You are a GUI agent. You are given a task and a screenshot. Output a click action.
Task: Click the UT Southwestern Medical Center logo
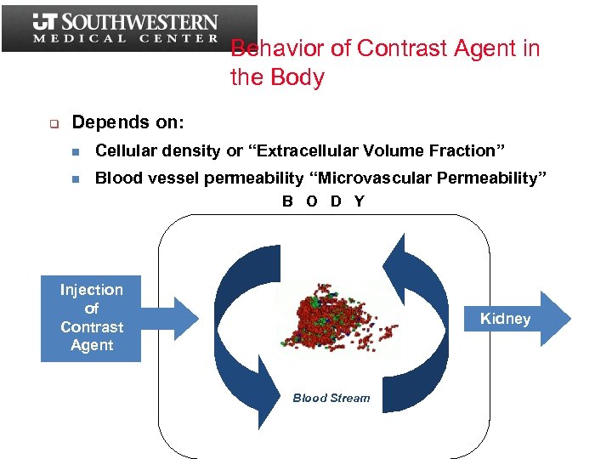pyautogui.click(x=127, y=28)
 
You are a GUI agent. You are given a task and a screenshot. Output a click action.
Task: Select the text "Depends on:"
pyautogui.click(x=127, y=122)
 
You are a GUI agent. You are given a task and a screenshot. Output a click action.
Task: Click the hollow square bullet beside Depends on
pyautogui.click(x=52, y=124)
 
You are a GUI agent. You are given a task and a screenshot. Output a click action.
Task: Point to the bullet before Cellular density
pyautogui.click(x=76, y=152)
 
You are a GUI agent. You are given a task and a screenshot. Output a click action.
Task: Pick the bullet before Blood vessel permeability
pyautogui.click(x=76, y=179)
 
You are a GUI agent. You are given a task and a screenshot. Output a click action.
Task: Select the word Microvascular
pyautogui.click(x=378, y=178)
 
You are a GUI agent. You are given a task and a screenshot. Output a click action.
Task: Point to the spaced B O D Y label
pyautogui.click(x=323, y=201)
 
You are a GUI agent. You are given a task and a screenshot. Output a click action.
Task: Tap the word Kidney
pyautogui.click(x=505, y=319)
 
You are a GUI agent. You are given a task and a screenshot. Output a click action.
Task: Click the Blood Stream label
pyautogui.click(x=331, y=398)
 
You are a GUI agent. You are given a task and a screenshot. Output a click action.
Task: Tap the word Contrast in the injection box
pyautogui.click(x=92, y=327)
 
